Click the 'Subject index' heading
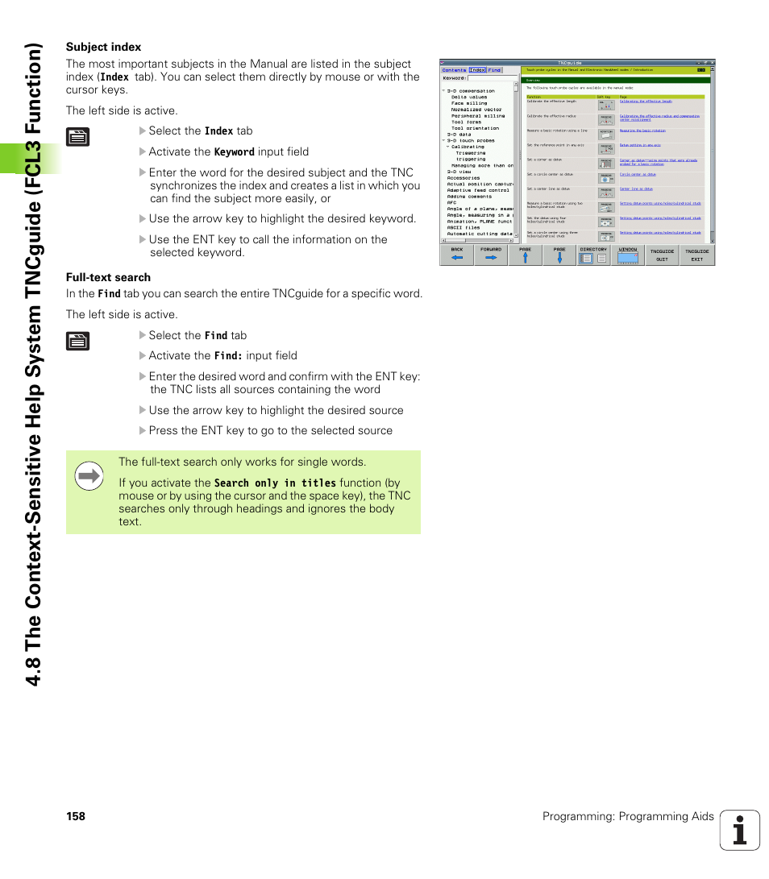[x=103, y=47]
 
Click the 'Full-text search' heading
[x=108, y=277]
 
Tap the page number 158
[x=76, y=816]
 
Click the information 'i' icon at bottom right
[x=739, y=830]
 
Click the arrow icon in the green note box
[x=89, y=476]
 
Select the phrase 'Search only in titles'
[x=275, y=483]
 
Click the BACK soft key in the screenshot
[x=457, y=255]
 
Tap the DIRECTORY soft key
[x=593, y=255]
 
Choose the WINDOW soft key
[x=628, y=255]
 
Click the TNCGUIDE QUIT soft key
[x=662, y=255]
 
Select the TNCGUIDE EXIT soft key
[x=696, y=255]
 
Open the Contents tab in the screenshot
[x=454, y=70]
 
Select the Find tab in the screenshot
[x=494, y=70]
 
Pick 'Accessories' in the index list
[x=463, y=178]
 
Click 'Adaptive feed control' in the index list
[x=478, y=190]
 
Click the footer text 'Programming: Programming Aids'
[x=628, y=816]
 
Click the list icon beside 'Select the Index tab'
[x=77, y=136]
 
